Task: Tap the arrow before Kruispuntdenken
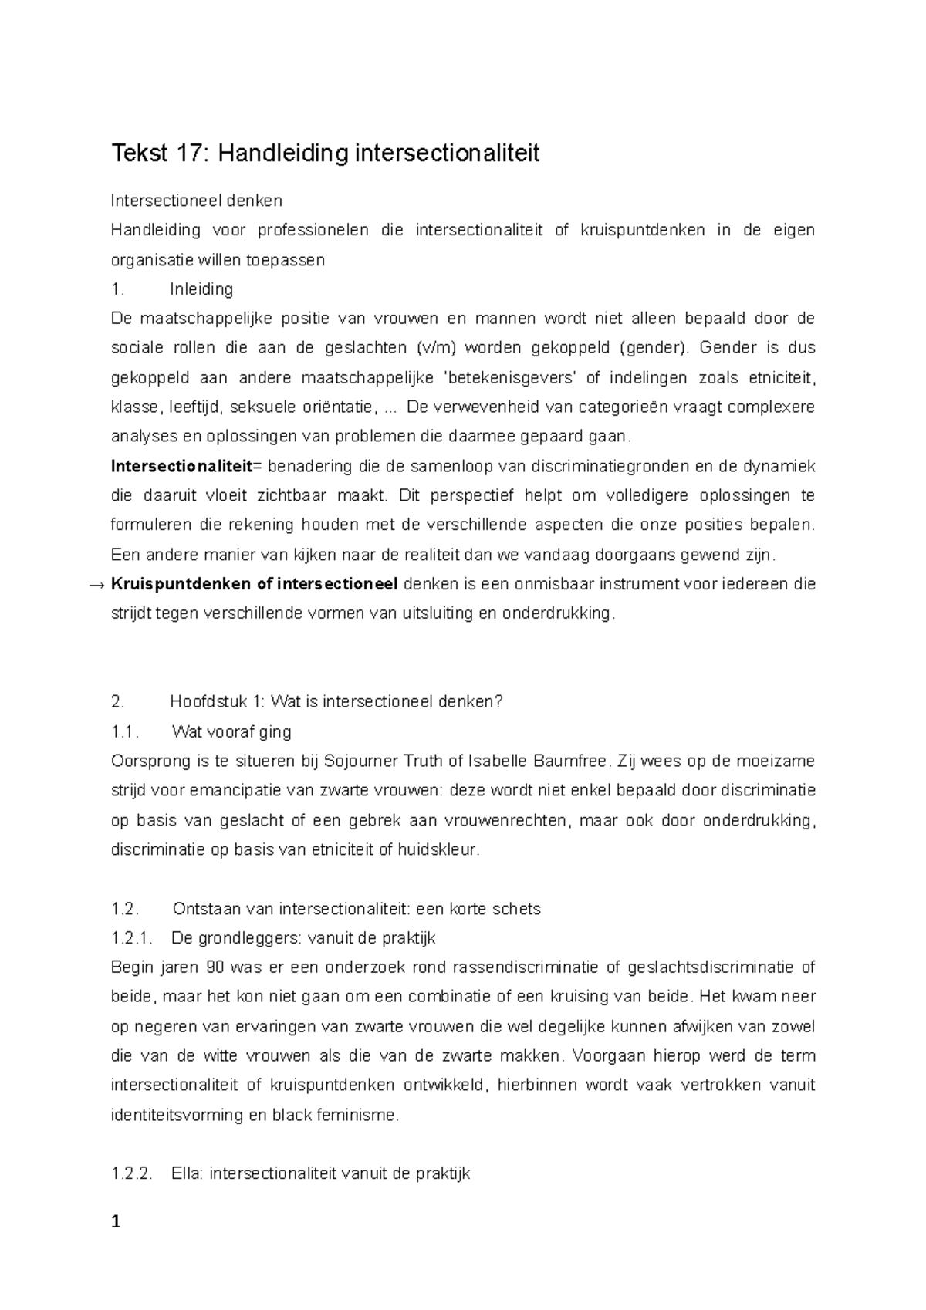click(98, 584)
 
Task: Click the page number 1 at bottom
click(117, 1222)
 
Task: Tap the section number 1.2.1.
click(133, 938)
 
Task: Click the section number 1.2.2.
click(133, 1174)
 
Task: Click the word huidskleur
click(438, 850)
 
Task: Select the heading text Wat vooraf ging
click(231, 731)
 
